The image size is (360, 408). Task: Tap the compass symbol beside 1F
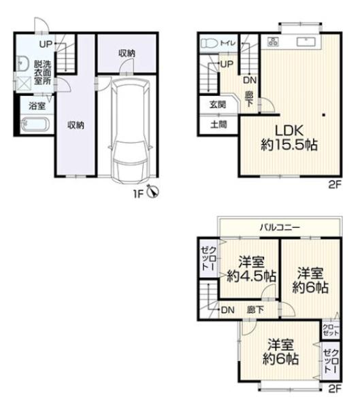coord(153,191)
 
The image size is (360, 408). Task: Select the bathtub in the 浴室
coord(35,124)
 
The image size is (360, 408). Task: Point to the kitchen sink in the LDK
coord(306,41)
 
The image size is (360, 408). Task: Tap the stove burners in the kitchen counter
coord(273,41)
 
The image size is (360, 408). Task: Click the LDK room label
coord(289,131)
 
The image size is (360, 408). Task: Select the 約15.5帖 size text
coord(289,145)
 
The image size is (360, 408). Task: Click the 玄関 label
coord(218,105)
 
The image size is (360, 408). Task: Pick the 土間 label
coord(218,124)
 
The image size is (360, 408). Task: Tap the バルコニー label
coord(280,228)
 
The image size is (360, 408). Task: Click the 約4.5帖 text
coord(251,276)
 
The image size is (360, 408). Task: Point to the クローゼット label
coord(331,330)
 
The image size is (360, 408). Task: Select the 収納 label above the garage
coord(127,53)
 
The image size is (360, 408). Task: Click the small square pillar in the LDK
coord(323,115)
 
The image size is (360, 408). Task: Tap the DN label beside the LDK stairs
coord(250,80)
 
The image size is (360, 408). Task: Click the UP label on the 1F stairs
coord(46,44)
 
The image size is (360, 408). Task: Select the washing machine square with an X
coord(23,84)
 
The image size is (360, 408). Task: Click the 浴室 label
coord(37,106)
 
